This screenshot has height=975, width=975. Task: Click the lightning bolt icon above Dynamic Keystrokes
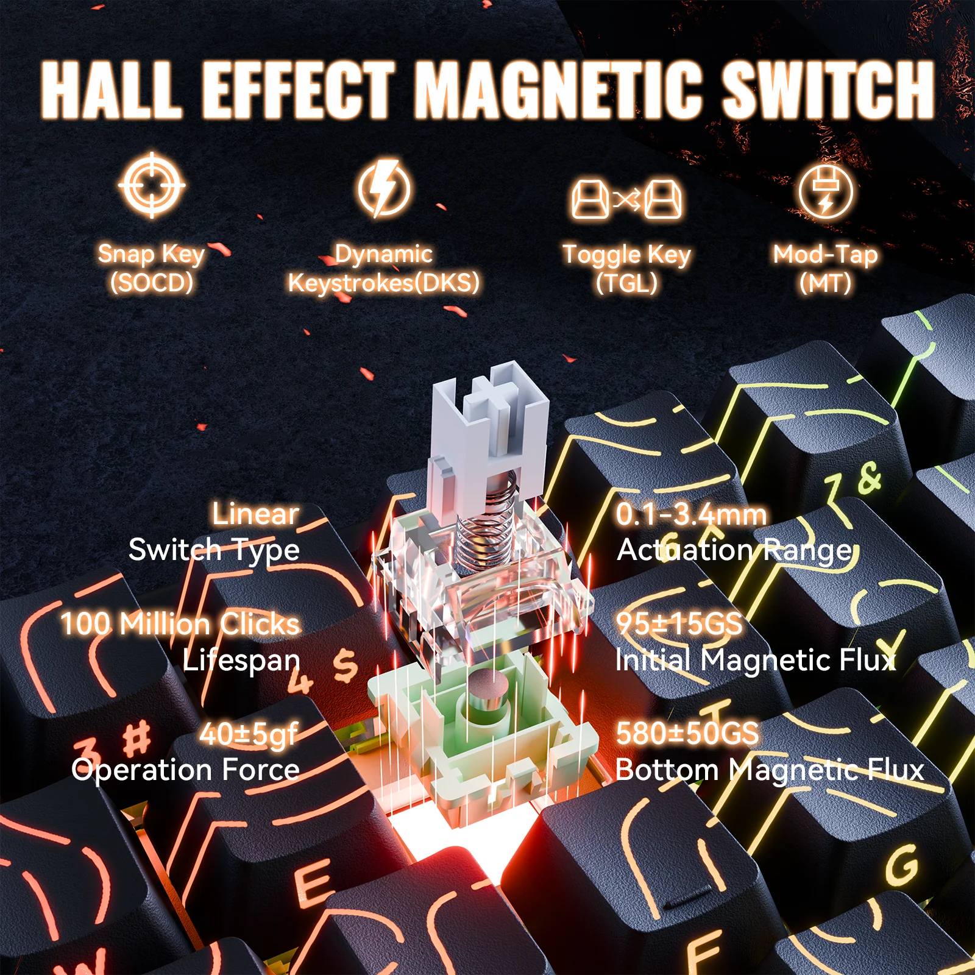(x=383, y=188)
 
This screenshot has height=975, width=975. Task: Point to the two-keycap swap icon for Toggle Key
(x=626, y=198)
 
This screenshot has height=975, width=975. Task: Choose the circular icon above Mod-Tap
(x=826, y=192)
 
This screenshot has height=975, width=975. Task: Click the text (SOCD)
(x=152, y=283)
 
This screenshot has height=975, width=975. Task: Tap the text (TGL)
(x=627, y=283)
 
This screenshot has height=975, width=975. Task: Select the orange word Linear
(x=255, y=514)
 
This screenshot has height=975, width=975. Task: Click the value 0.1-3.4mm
(x=691, y=514)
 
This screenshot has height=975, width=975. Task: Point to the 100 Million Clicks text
(x=180, y=623)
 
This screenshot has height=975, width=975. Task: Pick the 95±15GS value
(x=679, y=623)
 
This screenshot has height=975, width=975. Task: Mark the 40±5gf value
(x=249, y=734)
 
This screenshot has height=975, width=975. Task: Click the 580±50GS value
(x=687, y=733)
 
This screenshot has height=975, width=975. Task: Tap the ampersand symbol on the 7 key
(x=870, y=477)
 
